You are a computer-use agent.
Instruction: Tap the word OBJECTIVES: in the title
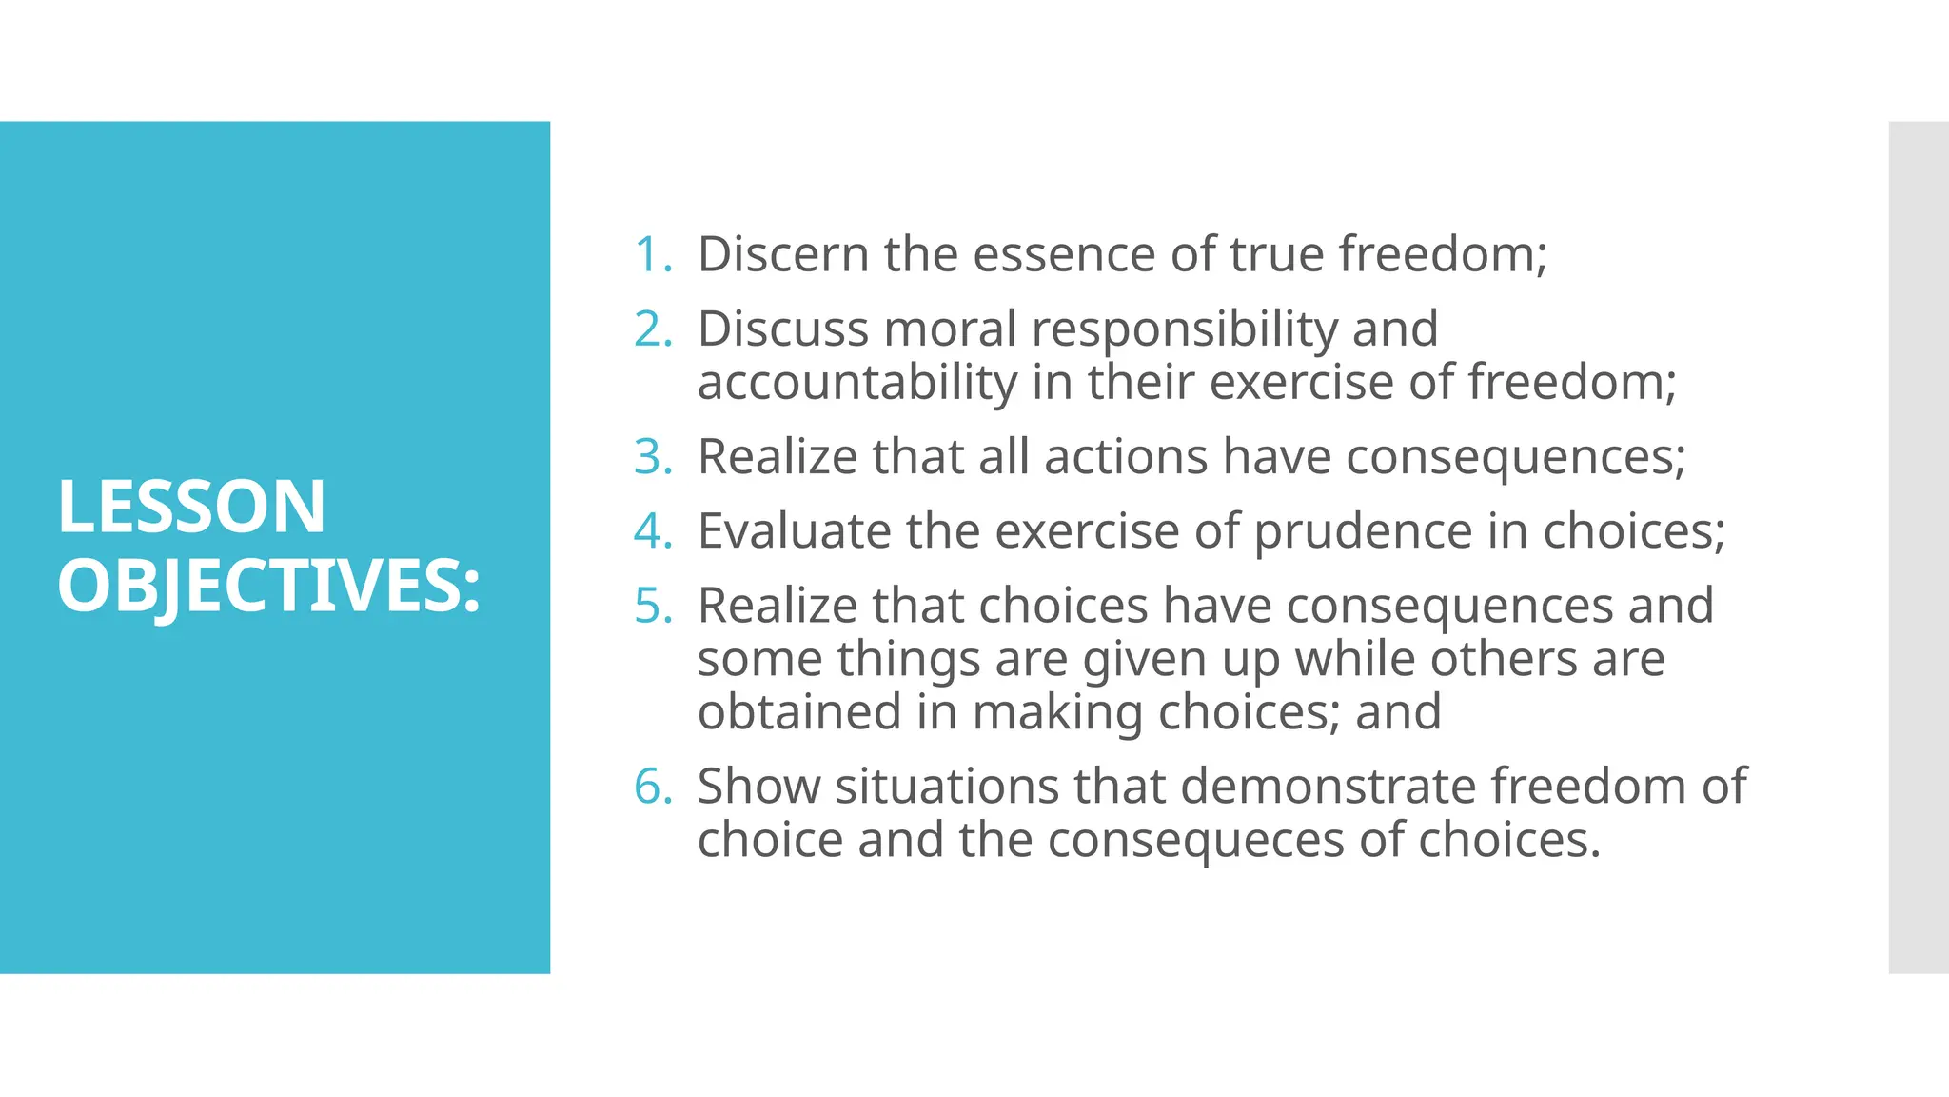(x=269, y=585)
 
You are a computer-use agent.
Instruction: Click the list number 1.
(x=652, y=254)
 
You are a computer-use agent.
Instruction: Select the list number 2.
(x=653, y=329)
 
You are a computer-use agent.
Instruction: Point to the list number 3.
(x=653, y=456)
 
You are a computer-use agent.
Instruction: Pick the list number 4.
(x=653, y=530)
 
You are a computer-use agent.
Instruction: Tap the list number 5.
(x=653, y=605)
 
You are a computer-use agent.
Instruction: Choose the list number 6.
(x=653, y=786)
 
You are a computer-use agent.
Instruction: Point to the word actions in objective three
(x=1127, y=456)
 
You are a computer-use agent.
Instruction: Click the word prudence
(x=1363, y=530)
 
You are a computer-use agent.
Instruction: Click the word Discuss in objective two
(x=783, y=329)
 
